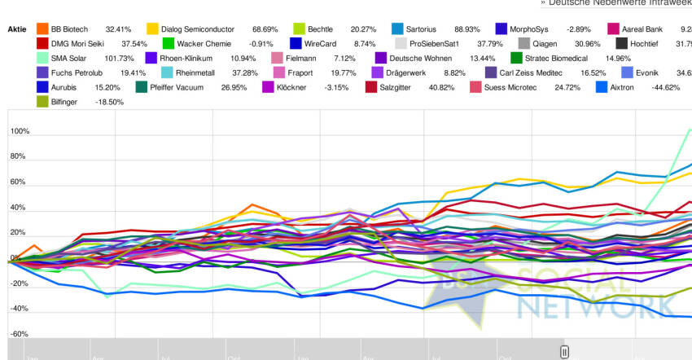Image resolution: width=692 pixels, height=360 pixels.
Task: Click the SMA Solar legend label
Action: (x=72, y=58)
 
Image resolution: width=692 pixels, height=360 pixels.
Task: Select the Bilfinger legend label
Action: (x=68, y=102)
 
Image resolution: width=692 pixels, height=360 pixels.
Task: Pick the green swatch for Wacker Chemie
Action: (x=169, y=43)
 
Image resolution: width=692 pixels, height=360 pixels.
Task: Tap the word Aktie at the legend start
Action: (x=17, y=29)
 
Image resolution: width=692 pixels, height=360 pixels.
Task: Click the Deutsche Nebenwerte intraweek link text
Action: (x=620, y=3)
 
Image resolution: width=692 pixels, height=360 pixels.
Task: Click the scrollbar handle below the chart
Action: (x=563, y=352)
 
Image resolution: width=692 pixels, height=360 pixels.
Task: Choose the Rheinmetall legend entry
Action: (x=195, y=72)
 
